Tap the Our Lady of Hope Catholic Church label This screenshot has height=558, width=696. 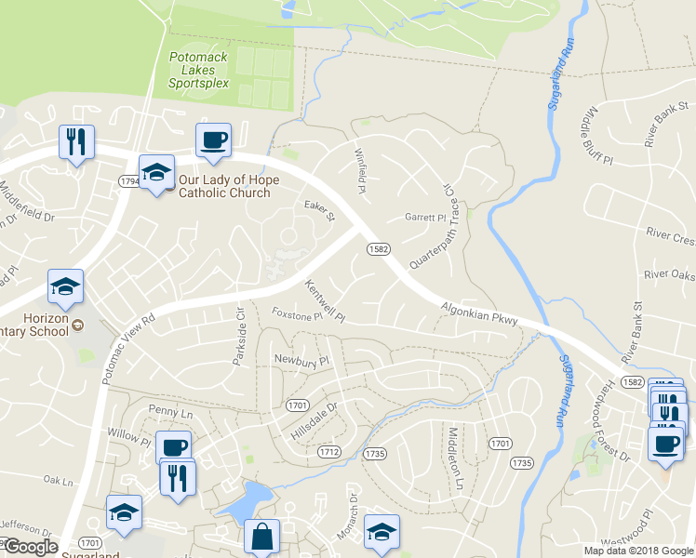pyautogui.click(x=224, y=186)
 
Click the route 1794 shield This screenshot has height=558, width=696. pyautogui.click(x=128, y=180)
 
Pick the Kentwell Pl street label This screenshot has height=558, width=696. pyautogui.click(x=325, y=300)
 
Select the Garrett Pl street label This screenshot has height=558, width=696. pyautogui.click(x=425, y=218)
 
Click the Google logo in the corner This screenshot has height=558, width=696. pyautogui.click(x=30, y=547)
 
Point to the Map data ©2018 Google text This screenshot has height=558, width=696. pyautogui.click(x=638, y=551)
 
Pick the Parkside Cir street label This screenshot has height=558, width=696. pyautogui.click(x=239, y=336)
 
